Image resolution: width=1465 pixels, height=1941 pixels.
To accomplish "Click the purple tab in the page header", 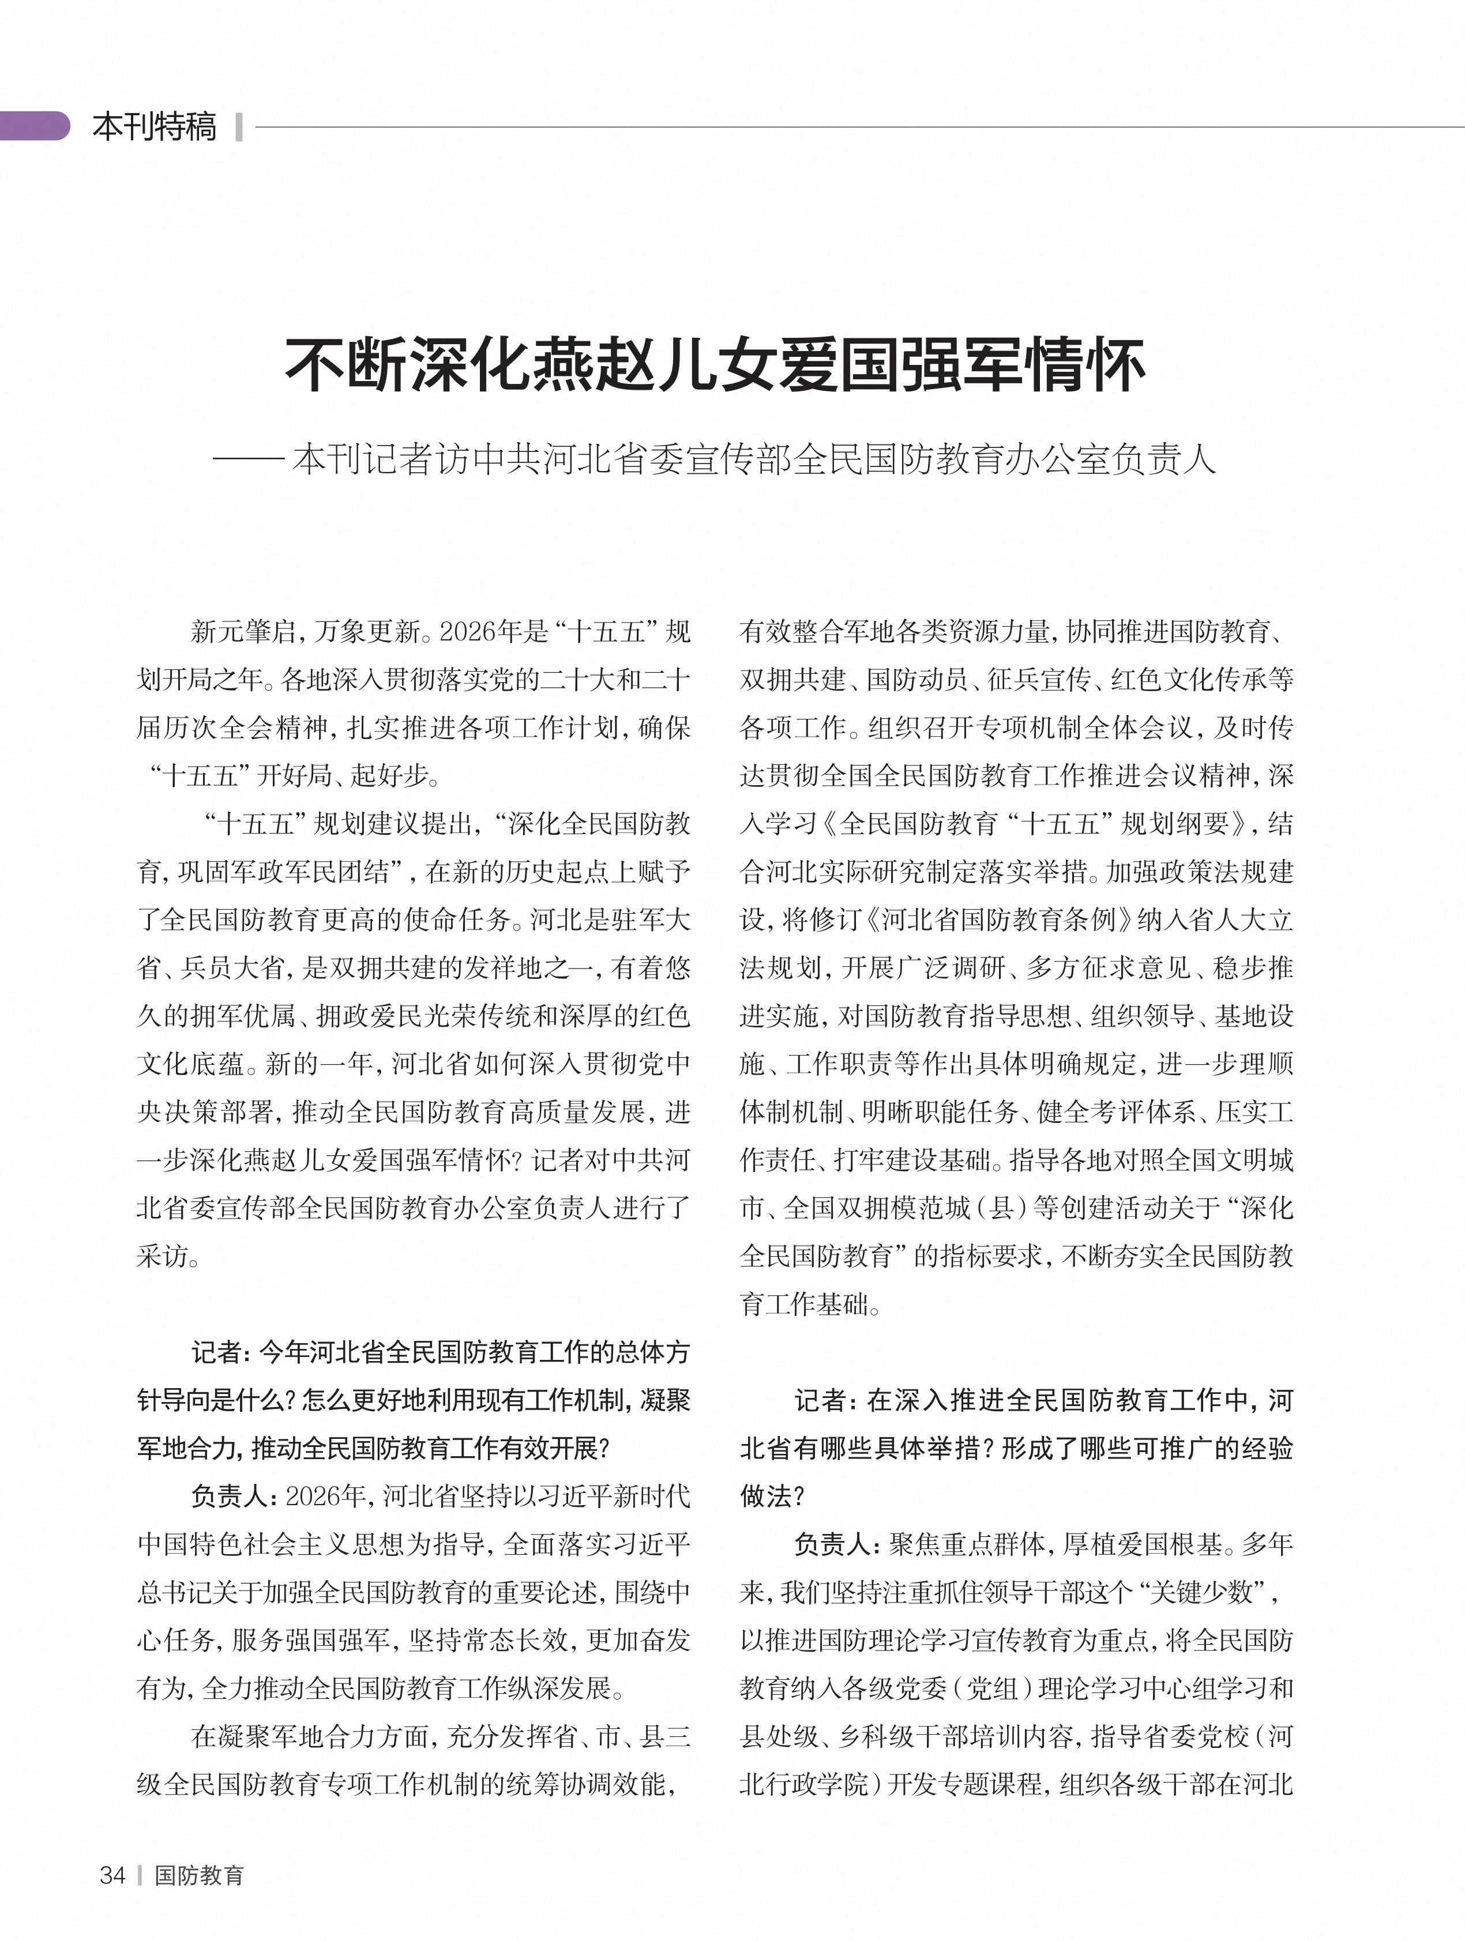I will click(x=35, y=126).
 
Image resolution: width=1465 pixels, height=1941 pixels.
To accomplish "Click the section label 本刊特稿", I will click(x=155, y=126).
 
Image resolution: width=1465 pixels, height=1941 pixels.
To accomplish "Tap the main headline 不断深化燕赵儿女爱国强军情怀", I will click(x=715, y=365).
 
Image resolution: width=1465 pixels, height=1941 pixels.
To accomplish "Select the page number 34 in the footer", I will click(x=112, y=1875).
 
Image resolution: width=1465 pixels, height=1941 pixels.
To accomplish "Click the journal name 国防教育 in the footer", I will click(x=199, y=1875).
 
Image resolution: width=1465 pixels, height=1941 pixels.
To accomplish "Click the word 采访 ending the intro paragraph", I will click(x=163, y=1257).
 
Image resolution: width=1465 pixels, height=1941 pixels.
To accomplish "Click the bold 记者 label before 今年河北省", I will click(x=216, y=1353).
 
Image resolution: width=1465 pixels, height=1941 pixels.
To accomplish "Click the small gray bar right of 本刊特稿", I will click(x=239, y=126).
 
